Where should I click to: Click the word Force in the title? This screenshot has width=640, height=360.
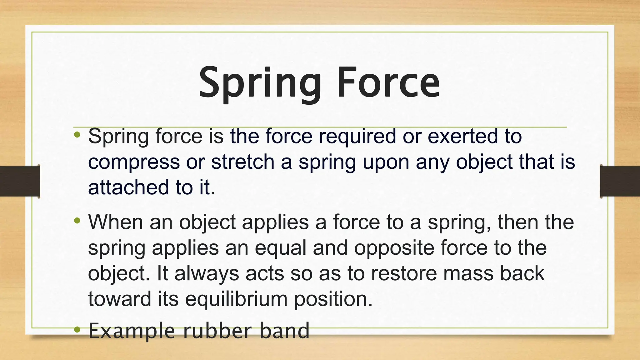(x=388, y=83)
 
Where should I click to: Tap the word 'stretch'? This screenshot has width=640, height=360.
(x=242, y=162)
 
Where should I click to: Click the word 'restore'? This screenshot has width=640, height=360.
(x=404, y=273)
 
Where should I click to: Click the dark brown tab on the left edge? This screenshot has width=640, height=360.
(x=19, y=181)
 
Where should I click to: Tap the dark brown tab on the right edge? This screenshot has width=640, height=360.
(x=620, y=181)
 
